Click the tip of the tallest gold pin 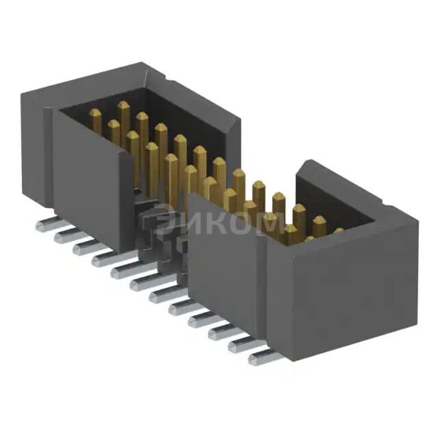[x=123, y=105]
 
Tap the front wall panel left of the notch [x=89, y=185]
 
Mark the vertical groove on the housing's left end [x=49, y=157]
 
